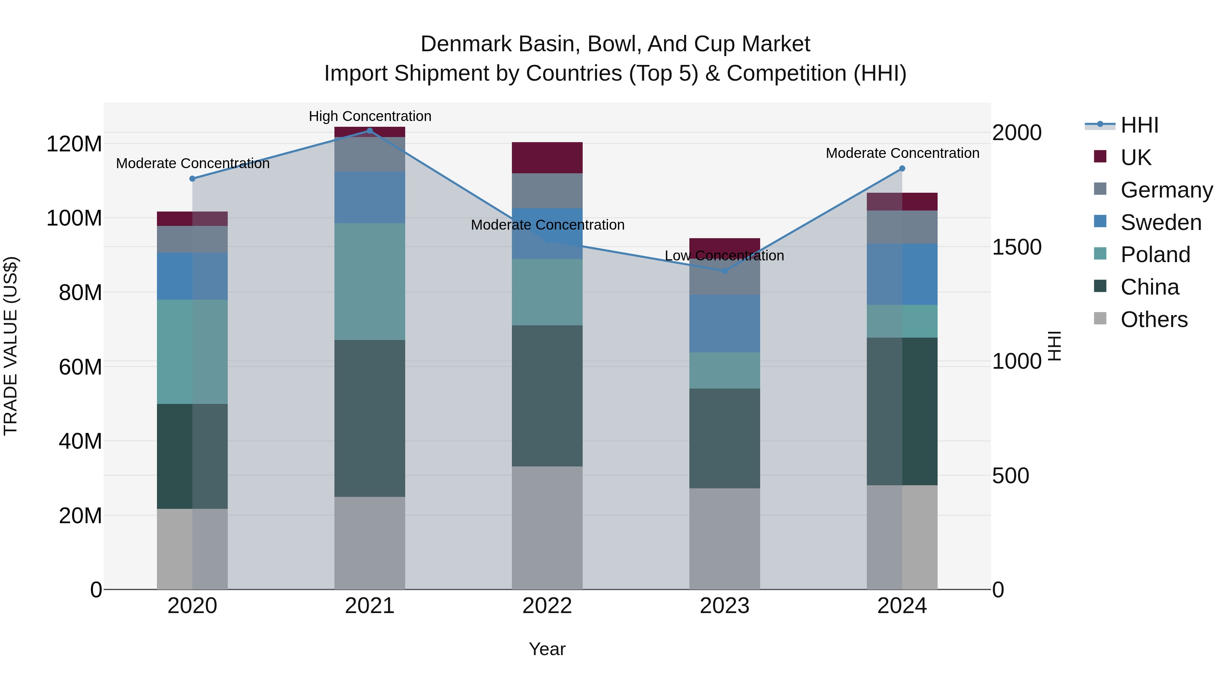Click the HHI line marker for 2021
click(x=369, y=131)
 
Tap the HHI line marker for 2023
click(x=725, y=271)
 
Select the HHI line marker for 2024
click(x=902, y=168)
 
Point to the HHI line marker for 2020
click(x=192, y=179)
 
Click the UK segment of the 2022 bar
click(x=547, y=158)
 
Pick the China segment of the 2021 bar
click(x=369, y=418)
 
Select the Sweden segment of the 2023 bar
click(x=725, y=323)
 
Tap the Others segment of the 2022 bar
click(x=547, y=528)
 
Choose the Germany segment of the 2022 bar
click(x=547, y=191)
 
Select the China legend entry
click(x=1149, y=287)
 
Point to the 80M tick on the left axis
click(x=80, y=292)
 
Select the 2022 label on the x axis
click(x=547, y=606)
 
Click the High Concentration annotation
click(x=370, y=116)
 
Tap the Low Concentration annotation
click(x=725, y=256)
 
